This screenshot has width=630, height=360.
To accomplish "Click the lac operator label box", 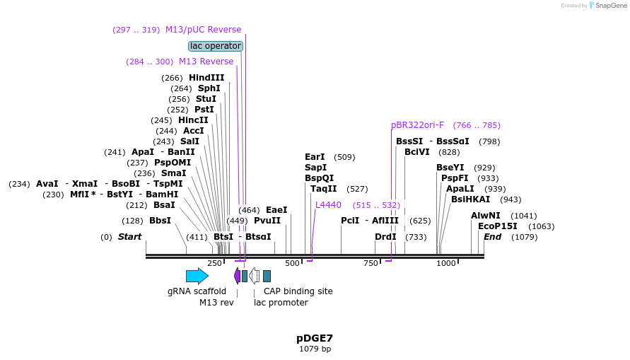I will click(216, 46).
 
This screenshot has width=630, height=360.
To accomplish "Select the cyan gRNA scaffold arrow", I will click(197, 276).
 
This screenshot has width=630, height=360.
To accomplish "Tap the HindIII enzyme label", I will click(206, 78).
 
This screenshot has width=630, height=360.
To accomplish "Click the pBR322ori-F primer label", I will click(418, 125).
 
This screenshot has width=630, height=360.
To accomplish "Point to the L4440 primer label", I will click(328, 205).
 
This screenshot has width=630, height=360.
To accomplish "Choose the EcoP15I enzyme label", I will click(498, 226).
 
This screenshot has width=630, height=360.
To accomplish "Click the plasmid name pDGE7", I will click(315, 338).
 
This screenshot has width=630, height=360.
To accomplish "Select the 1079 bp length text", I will click(315, 349).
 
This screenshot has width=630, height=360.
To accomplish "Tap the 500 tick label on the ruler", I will click(292, 263).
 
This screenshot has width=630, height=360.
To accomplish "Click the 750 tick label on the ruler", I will click(371, 263).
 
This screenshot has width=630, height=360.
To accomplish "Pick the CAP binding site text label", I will click(298, 291).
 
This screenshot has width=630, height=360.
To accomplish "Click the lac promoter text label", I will click(281, 303).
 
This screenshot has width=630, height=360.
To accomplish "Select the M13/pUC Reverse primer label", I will click(203, 30).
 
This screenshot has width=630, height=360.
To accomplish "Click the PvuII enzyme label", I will click(267, 221).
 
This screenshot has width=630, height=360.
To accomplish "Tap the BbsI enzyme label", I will click(161, 221).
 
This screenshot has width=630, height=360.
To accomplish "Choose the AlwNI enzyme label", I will click(486, 216).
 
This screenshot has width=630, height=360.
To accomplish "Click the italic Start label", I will click(129, 237).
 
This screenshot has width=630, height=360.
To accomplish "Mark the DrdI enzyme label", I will click(385, 237).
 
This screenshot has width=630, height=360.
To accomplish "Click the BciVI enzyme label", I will click(417, 152).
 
